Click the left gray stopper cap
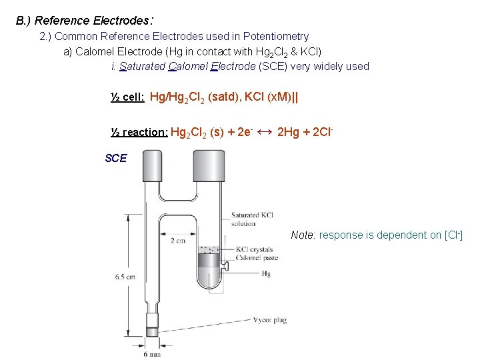pyautogui.click(x=153, y=166)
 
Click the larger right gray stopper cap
pyautogui.click(x=208, y=166)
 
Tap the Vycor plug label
pyautogui.click(x=270, y=320)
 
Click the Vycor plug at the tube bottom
pyautogui.click(x=152, y=331)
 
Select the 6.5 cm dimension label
pyautogui.click(x=125, y=276)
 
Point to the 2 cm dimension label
pyautogui.click(x=178, y=240)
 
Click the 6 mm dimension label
pyautogui.click(x=152, y=354)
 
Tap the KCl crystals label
pyautogui.click(x=255, y=250)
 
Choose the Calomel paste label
pyautogui.click(x=257, y=258)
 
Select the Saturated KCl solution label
pyautogui.click(x=252, y=219)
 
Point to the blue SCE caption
pyautogui.click(x=116, y=158)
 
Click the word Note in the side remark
pyautogui.click(x=303, y=235)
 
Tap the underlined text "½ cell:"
pyautogui.click(x=127, y=97)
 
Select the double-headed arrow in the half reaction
pyautogui.click(x=264, y=131)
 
